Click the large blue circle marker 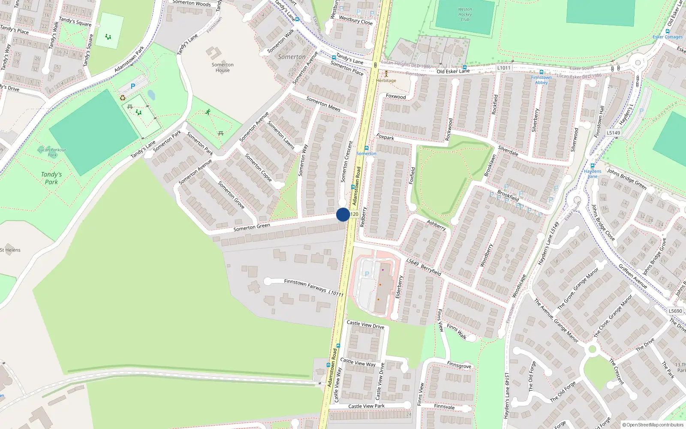343,214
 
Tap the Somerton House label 223,68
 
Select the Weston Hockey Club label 465,15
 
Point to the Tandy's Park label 51,178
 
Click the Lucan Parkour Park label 52,152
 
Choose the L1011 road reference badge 504,68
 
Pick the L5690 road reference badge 675,311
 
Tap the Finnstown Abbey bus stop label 541,80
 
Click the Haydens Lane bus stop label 593,173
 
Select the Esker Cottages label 668,37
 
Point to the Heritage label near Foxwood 386,80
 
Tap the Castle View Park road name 366,406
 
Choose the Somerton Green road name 252,227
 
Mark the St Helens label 10,250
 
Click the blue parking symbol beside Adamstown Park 133,86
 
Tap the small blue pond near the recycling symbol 151,94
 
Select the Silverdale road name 508,151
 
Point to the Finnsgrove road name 459,365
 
